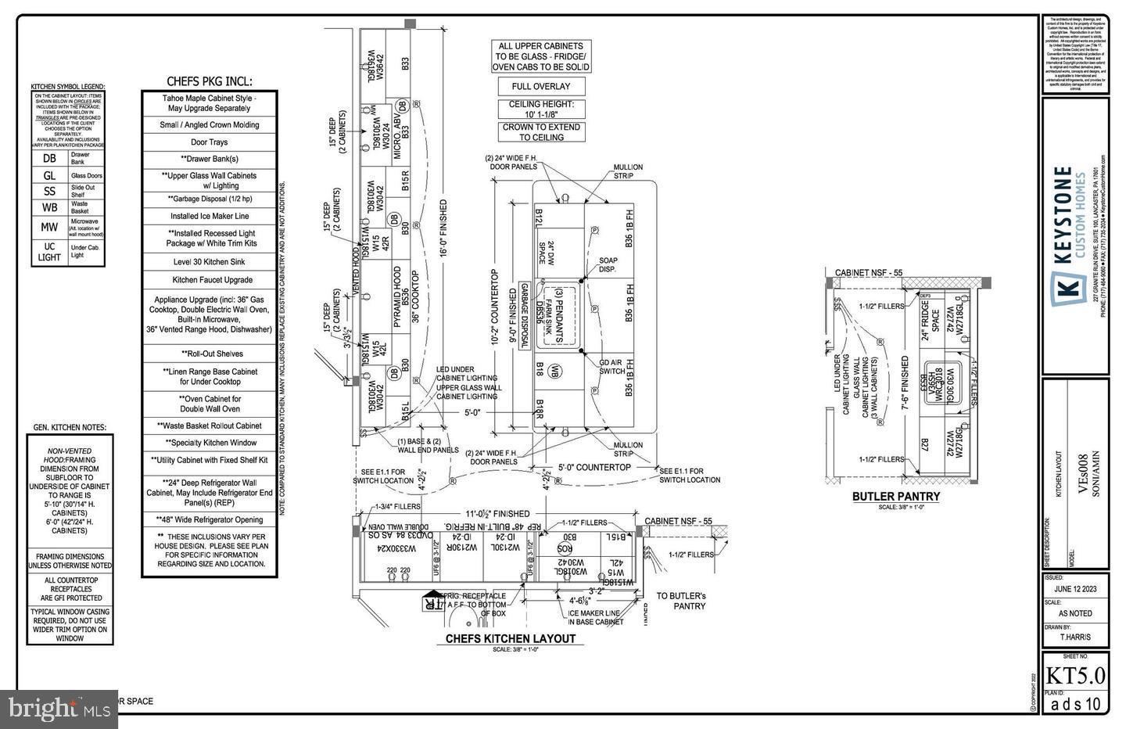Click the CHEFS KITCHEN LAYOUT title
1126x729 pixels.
(510, 638)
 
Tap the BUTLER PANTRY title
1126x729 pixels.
(895, 496)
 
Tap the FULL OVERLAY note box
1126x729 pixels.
(541, 87)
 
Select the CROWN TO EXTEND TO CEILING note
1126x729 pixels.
(541, 131)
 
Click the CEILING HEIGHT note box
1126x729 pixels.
(541, 109)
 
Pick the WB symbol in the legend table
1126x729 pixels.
(49, 207)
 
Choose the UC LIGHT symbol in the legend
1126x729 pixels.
(49, 251)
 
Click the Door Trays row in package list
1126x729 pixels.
(210, 142)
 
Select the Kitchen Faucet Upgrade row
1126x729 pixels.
(210, 279)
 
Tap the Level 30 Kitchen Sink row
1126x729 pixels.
(210, 261)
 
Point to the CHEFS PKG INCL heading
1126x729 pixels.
(210, 81)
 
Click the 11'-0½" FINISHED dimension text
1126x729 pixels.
(497, 514)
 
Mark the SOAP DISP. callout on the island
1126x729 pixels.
(608, 264)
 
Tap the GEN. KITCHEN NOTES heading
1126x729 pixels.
(69, 428)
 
